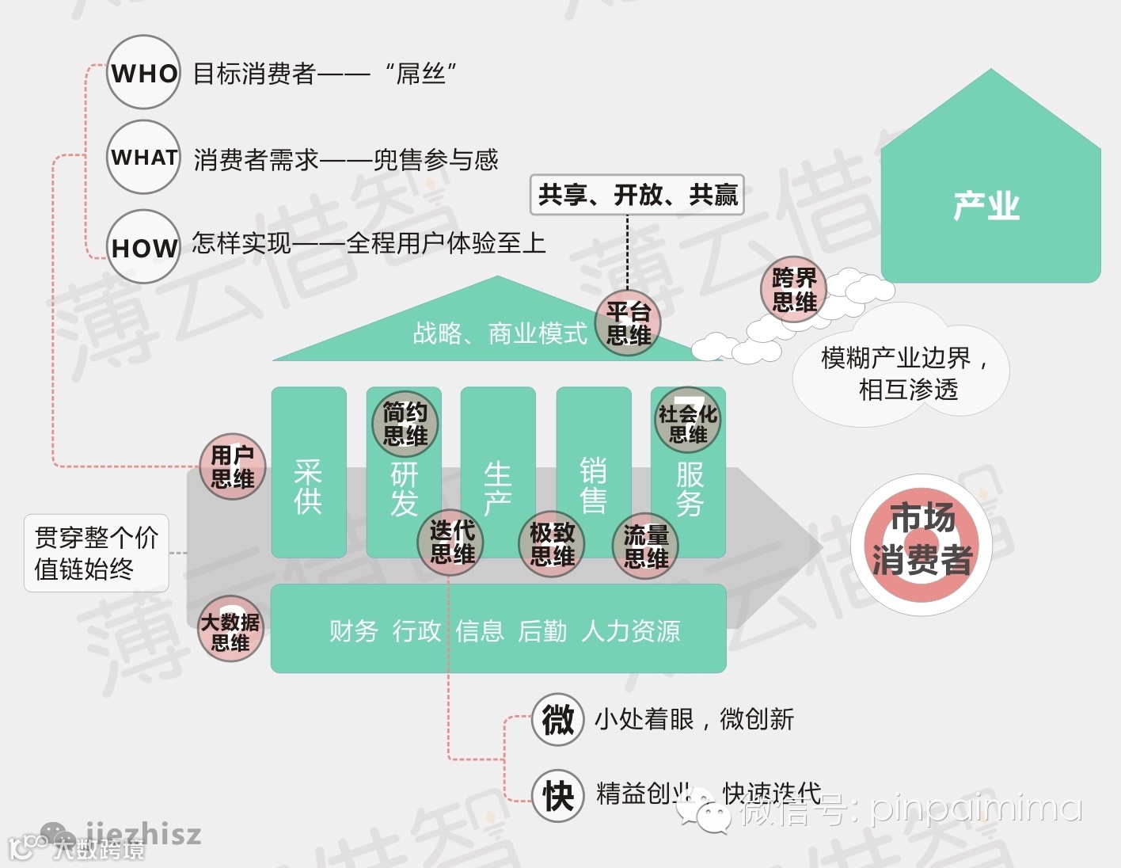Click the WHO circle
(x=143, y=73)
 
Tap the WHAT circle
(x=143, y=157)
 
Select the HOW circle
(x=143, y=246)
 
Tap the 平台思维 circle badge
(x=629, y=323)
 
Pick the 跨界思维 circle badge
(x=794, y=290)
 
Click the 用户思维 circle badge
(x=232, y=466)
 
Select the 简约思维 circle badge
(x=405, y=424)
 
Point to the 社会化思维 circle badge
(x=687, y=421)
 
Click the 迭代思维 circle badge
(x=451, y=542)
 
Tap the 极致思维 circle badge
(x=552, y=544)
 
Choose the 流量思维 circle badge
(x=645, y=546)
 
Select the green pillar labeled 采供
(x=309, y=472)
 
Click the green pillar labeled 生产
(x=498, y=472)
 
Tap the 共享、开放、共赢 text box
(x=636, y=195)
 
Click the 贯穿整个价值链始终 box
(x=97, y=554)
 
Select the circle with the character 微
(x=558, y=719)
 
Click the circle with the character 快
(x=558, y=794)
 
